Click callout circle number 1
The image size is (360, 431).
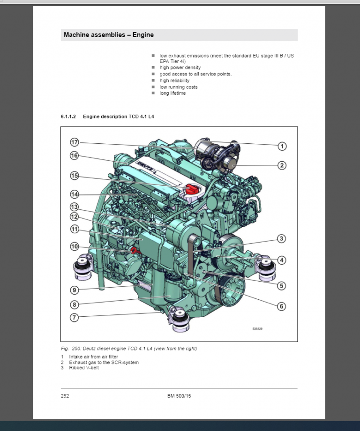pyautogui.click(x=282, y=146)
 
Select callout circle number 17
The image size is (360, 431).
pyautogui.click(x=74, y=142)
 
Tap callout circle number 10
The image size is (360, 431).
pyautogui.click(x=74, y=246)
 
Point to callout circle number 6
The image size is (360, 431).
pyautogui.click(x=281, y=306)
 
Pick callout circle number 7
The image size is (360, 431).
pyautogui.click(x=74, y=317)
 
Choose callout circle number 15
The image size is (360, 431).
pyautogui.click(x=74, y=176)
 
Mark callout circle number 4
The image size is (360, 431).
pyautogui.click(x=281, y=260)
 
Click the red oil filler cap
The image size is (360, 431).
pyautogui.click(x=192, y=189)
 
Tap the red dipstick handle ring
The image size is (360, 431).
pyautogui.click(x=134, y=250)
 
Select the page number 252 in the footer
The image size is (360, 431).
pyautogui.click(x=65, y=396)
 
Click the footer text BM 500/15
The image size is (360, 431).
pyautogui.click(x=179, y=396)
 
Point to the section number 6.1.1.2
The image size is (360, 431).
pyautogui.click(x=69, y=116)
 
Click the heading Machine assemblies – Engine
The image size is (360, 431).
pyautogui.click(x=109, y=35)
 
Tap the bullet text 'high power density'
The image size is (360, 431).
pyautogui.click(x=180, y=67)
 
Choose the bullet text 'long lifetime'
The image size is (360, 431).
pyautogui.click(x=172, y=93)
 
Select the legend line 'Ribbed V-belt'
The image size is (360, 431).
pyautogui.click(x=84, y=368)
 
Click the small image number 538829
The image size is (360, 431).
pyautogui.click(x=257, y=329)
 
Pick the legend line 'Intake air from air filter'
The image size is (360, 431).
pyautogui.click(x=94, y=357)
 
